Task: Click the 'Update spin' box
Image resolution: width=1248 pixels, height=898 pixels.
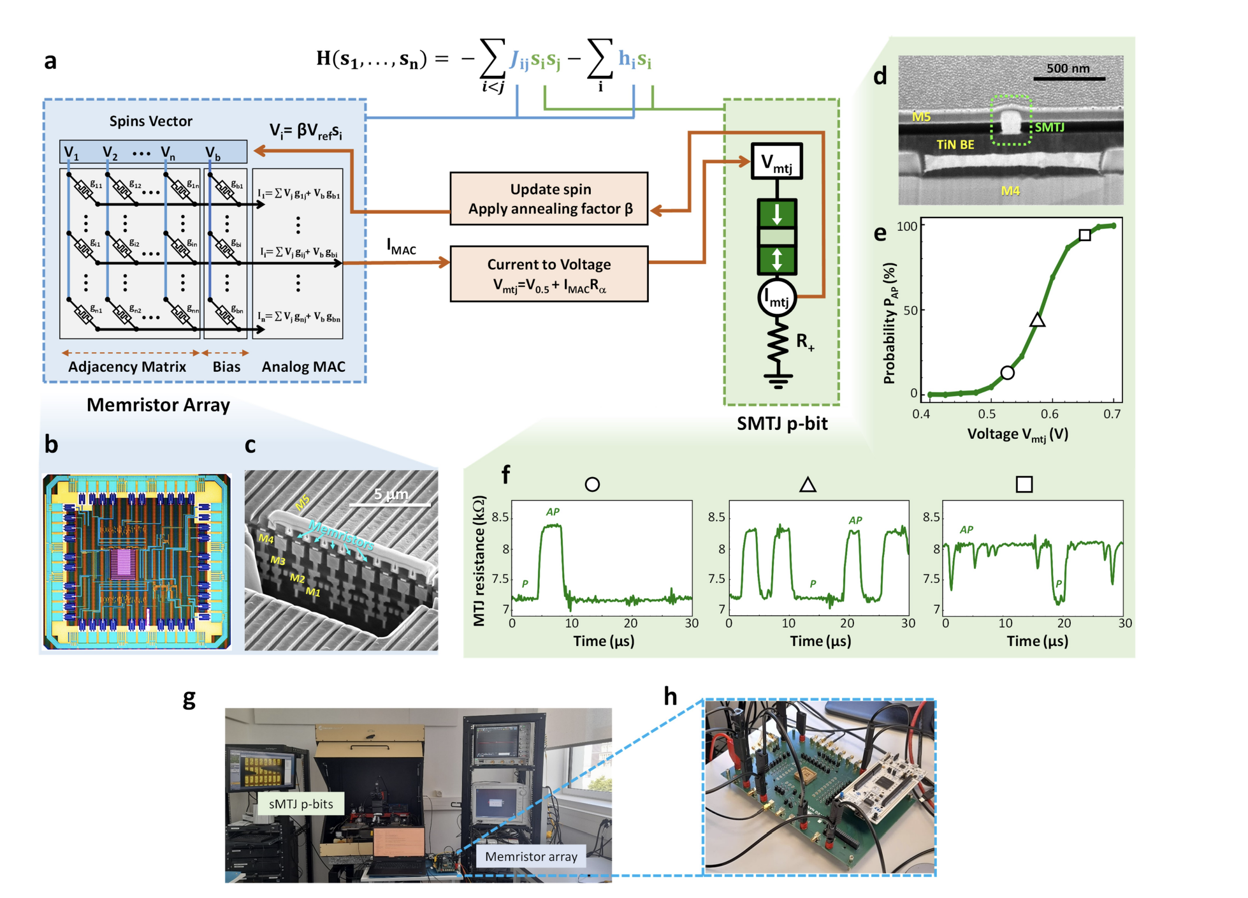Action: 549,198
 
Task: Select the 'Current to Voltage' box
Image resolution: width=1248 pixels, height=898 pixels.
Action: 549,274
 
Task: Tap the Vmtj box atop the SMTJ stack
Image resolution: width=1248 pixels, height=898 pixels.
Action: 776,161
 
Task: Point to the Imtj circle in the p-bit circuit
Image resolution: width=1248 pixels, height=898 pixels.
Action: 777,297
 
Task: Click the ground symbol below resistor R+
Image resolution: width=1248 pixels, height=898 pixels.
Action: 778,381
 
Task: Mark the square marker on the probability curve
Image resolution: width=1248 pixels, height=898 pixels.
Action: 1085,235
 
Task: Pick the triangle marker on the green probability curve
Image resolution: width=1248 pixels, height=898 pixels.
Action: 1037,320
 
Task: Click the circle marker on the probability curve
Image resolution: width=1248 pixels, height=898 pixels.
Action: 1007,372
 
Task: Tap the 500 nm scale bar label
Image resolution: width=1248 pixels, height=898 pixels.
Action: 1068,68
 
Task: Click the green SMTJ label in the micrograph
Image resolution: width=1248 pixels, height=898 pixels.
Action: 1049,128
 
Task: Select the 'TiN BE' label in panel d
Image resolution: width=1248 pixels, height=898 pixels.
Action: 955,145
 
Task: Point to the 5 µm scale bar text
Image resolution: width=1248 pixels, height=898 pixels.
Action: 391,494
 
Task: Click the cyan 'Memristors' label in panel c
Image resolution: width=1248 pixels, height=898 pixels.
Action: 342,534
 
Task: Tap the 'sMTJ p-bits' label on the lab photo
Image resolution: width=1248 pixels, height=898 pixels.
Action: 301,804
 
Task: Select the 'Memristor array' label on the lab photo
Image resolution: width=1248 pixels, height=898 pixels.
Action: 530,857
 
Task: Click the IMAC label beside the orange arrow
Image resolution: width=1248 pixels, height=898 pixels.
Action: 401,247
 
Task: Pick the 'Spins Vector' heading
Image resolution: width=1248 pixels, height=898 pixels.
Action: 150,121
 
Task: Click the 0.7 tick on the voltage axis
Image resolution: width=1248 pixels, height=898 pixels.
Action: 1112,414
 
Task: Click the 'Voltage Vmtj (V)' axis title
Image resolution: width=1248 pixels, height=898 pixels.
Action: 1017,434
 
